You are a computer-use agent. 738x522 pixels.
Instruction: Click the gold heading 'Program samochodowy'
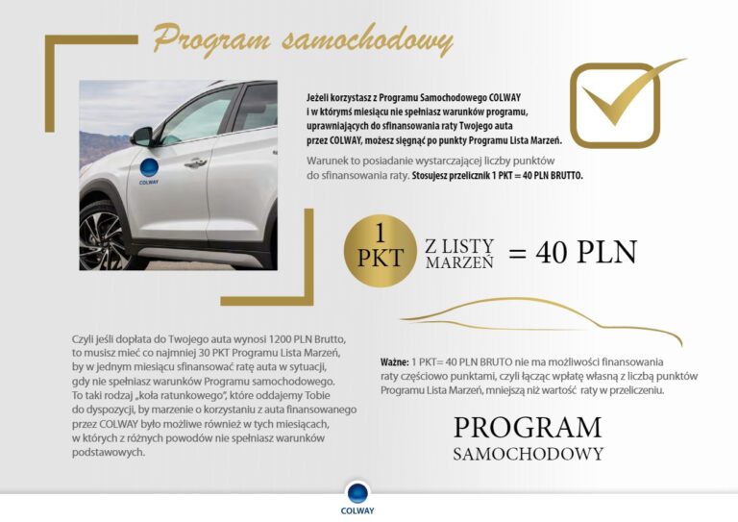tap(303, 39)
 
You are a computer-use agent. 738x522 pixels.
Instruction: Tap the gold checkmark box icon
tap(621, 105)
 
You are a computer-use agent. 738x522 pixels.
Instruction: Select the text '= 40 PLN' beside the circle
tap(572, 252)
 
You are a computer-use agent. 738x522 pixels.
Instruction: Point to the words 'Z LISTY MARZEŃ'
tap(459, 252)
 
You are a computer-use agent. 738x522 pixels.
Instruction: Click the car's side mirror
tap(143, 137)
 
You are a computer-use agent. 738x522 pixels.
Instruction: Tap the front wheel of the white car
tap(102, 236)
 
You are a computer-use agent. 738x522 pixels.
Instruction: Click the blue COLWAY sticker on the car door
tap(149, 170)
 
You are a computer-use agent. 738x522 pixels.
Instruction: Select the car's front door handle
tap(195, 162)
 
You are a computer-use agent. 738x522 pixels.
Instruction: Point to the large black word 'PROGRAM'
tap(528, 428)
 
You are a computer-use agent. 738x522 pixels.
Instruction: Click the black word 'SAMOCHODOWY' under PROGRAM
tap(529, 454)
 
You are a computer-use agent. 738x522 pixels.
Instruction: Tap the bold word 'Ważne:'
tap(395, 360)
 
